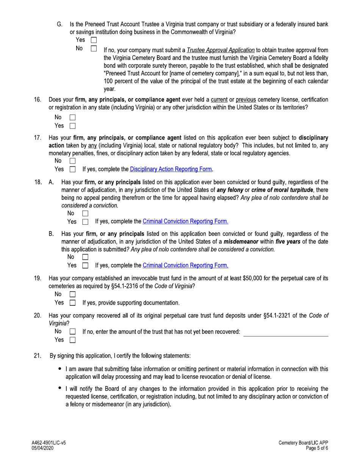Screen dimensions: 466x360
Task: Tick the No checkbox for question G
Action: (x=94, y=49)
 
